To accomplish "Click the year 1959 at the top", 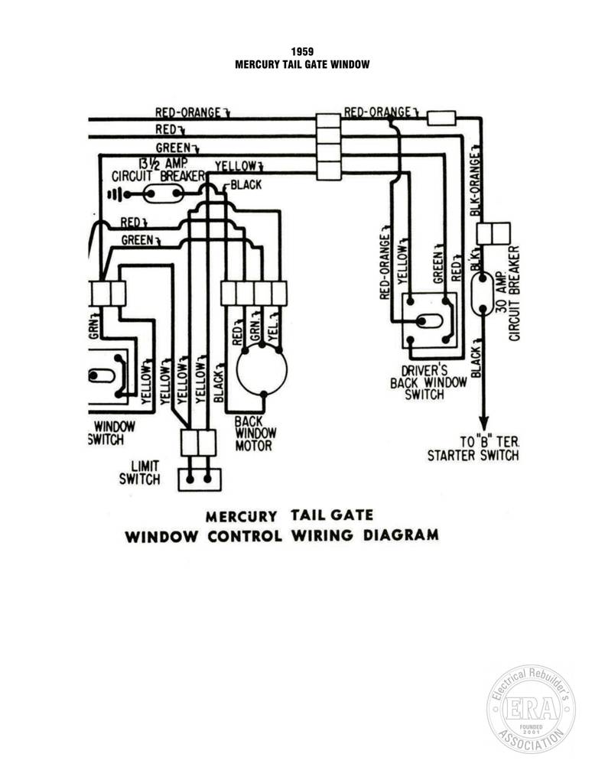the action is click(302, 51).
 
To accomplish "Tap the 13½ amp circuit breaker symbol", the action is click(164, 193).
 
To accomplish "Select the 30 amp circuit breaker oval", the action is click(483, 294).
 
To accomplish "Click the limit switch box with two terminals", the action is click(200, 479).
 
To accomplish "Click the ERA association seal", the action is click(531, 709).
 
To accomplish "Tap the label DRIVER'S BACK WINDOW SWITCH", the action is click(428, 382).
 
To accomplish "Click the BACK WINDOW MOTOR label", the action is click(255, 434).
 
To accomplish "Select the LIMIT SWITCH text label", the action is click(140, 473).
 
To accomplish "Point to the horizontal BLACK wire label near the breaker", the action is click(246, 185).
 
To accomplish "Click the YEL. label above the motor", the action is click(273, 327).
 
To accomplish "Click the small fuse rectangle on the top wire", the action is click(441, 119).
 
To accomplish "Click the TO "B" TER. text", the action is click(490, 441).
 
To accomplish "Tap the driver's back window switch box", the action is click(430, 320).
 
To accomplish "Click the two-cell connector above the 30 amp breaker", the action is click(493, 233).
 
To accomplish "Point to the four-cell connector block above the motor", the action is click(254, 293).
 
